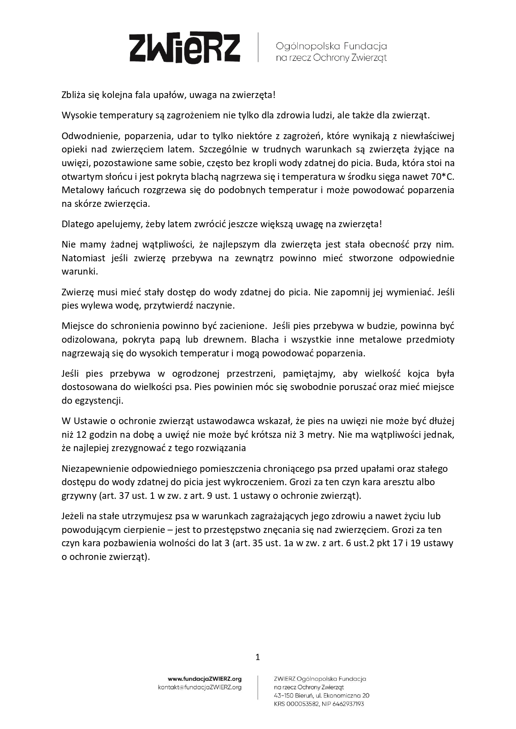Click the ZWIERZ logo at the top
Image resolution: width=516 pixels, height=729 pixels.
pyautogui.click(x=185, y=48)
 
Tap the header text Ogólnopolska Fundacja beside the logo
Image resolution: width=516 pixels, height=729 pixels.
pyautogui.click(x=331, y=46)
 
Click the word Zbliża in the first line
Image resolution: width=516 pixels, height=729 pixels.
pyautogui.click(x=74, y=95)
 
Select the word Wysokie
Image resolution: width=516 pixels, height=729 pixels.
pyautogui.click(x=78, y=115)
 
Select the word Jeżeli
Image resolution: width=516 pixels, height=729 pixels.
pyautogui.click(x=73, y=516)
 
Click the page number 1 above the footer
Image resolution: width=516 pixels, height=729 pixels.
pyautogui.click(x=258, y=657)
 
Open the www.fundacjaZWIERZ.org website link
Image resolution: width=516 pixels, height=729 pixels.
pyautogui.click(x=205, y=679)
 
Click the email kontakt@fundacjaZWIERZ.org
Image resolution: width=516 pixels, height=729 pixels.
pyautogui.click(x=200, y=687)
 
